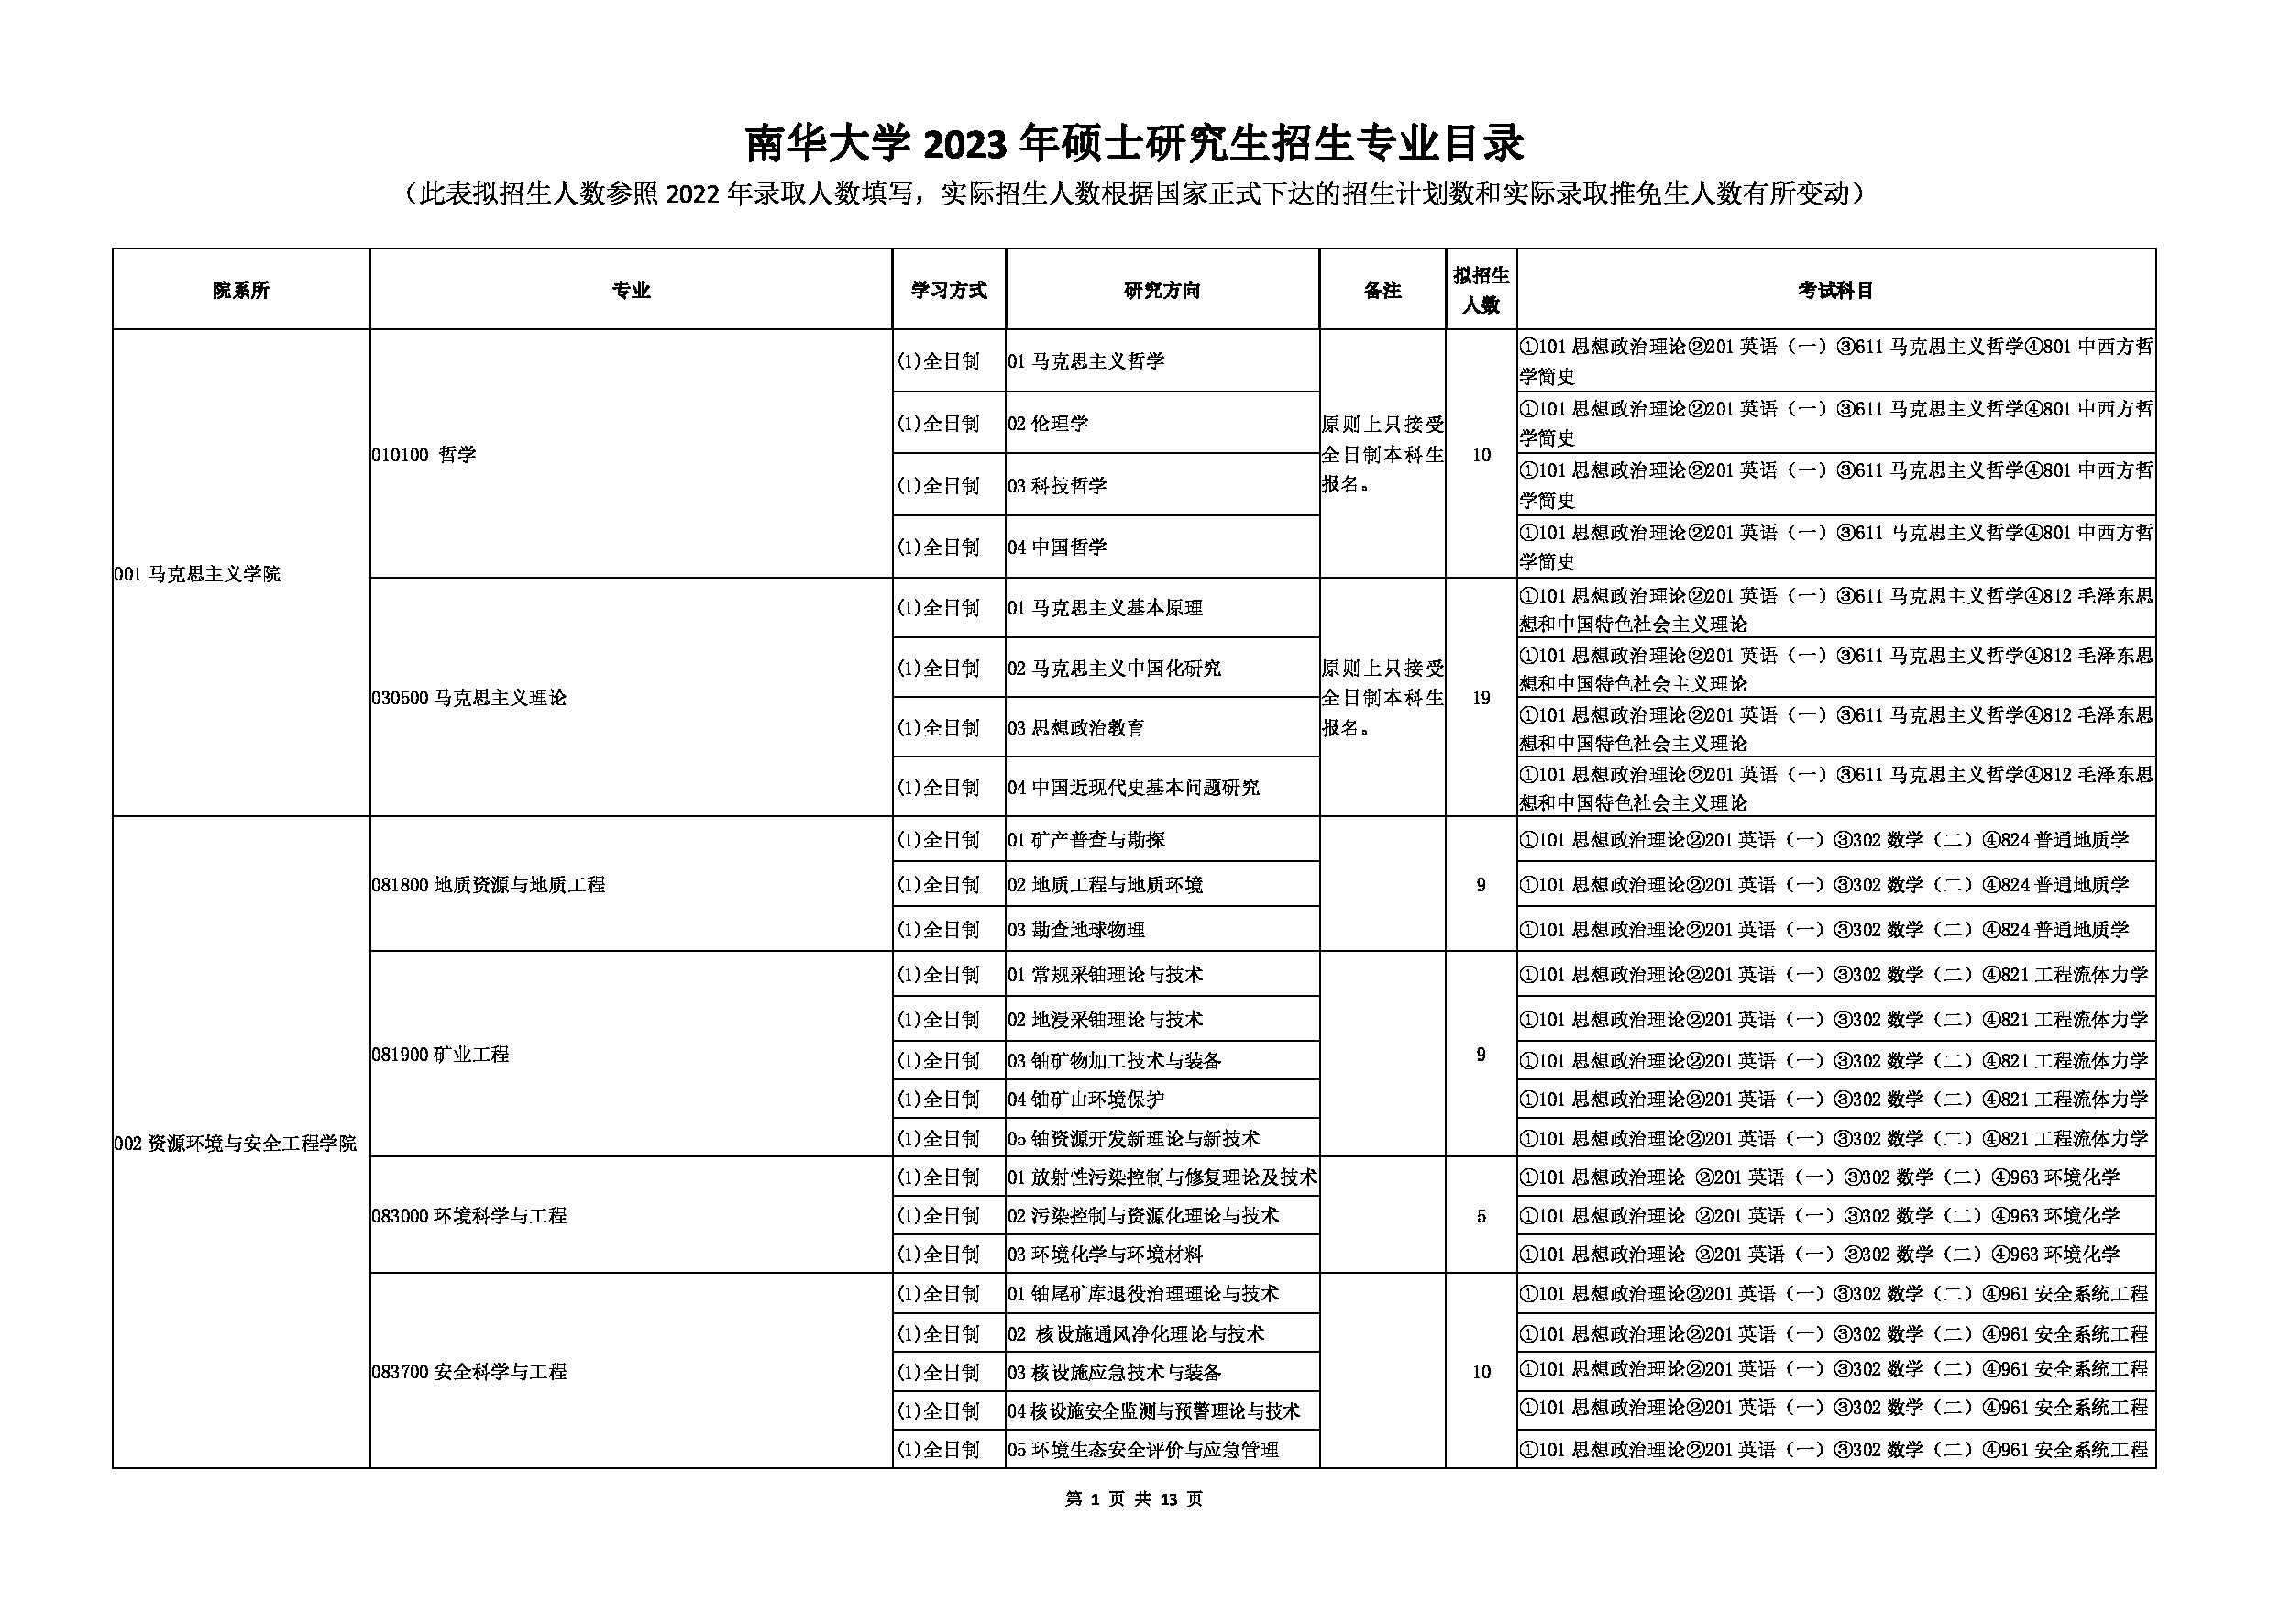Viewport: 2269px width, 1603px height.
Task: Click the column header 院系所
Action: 240,290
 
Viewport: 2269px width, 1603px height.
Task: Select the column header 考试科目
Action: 1835,290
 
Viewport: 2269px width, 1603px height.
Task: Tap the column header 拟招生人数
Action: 1481,290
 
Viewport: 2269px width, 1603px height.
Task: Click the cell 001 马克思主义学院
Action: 198,573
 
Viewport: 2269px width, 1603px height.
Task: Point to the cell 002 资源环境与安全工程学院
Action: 236,1144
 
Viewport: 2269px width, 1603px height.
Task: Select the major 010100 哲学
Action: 424,455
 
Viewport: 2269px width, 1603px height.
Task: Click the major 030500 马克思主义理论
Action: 469,698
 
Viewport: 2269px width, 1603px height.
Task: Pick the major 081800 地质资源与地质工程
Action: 489,885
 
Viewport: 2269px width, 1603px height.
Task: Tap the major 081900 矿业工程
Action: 441,1055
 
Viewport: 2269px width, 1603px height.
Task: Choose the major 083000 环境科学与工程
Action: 469,1216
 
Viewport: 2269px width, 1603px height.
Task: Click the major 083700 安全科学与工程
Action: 469,1372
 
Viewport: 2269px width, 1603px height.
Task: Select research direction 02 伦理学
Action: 1049,423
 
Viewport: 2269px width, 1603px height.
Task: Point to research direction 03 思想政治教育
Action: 1076,728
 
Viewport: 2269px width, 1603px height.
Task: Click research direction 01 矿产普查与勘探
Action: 1086,840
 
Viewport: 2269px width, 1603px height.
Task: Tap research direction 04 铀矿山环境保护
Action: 1086,1099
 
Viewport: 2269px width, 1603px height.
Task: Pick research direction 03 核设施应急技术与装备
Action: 1115,1373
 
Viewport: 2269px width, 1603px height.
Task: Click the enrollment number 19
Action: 1481,698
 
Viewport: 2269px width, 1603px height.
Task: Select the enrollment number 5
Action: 1481,1216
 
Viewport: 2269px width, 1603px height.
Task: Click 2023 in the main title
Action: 964,144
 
